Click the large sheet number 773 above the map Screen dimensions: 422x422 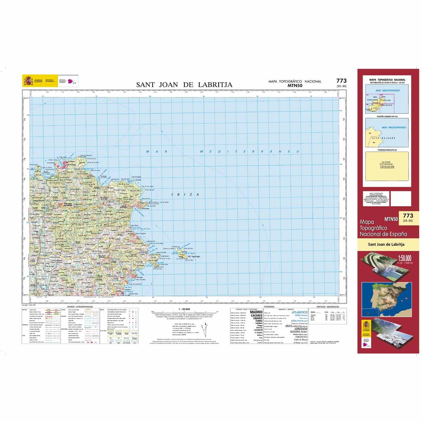[341, 81]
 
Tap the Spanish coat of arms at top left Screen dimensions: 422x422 [27, 81]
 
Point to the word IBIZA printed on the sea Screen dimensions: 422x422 [185, 194]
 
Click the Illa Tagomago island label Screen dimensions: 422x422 [194, 257]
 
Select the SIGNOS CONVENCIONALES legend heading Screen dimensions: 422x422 [79, 307]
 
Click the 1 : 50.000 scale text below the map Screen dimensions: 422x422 [184, 309]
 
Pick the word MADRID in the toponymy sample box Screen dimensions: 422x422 [256, 312]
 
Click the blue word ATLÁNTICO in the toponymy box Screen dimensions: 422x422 [300, 312]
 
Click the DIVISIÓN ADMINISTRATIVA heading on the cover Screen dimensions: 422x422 [387, 116]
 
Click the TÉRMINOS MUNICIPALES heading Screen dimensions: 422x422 [387, 150]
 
